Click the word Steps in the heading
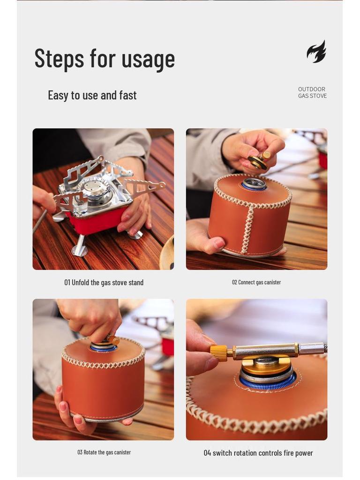(59, 59)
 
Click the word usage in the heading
(148, 60)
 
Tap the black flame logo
(316, 52)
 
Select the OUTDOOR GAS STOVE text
(312, 92)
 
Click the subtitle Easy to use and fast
(92, 95)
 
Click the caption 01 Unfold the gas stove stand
(104, 283)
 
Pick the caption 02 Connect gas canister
(256, 282)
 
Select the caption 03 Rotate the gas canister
(104, 452)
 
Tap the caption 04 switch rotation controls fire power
(258, 453)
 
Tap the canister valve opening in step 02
(254, 183)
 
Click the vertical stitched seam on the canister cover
(247, 230)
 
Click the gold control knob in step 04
(218, 352)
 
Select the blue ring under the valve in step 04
(268, 384)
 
